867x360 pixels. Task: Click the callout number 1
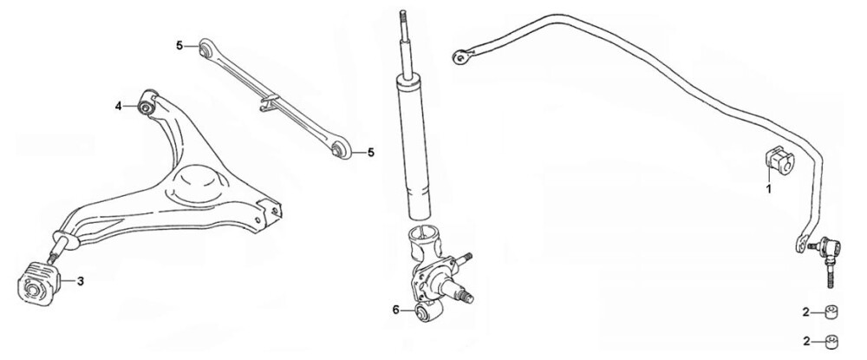768,188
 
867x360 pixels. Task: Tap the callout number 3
80,281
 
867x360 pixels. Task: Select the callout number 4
118,106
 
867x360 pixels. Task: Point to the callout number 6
396,311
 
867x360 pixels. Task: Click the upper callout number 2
806,312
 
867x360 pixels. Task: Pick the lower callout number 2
806,342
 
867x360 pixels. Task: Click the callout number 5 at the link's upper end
179,46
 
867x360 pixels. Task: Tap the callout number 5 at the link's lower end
370,152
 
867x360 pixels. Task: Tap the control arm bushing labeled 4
147,104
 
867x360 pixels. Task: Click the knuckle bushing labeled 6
428,313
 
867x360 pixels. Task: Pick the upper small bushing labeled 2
831,312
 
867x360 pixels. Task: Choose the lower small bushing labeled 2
831,343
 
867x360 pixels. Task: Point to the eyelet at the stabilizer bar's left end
460,56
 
